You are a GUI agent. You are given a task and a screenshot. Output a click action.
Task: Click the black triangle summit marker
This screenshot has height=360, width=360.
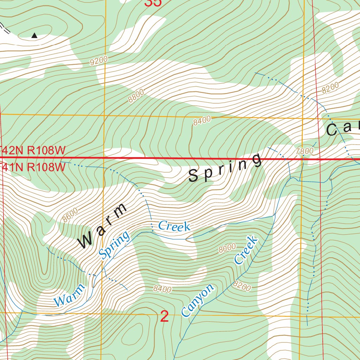click(x=34, y=35)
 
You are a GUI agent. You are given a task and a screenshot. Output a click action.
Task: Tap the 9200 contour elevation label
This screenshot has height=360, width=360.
click(x=98, y=61)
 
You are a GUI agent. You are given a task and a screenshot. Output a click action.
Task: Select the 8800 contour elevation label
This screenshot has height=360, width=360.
click(x=136, y=96)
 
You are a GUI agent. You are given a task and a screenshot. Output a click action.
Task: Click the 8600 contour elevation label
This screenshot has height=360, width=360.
click(x=70, y=215)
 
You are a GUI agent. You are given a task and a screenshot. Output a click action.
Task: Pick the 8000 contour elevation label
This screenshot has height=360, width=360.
click(x=227, y=248)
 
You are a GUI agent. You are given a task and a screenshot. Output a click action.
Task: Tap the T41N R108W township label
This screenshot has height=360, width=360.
click(x=33, y=167)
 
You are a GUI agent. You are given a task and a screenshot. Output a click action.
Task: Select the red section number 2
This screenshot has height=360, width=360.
click(x=164, y=317)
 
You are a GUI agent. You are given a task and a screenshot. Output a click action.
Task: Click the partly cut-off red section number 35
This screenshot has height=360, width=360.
click(x=153, y=3)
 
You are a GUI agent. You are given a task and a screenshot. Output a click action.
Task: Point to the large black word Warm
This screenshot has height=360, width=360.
click(x=102, y=225)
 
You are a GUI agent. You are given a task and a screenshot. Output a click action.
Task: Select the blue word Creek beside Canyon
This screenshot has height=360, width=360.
click(x=246, y=250)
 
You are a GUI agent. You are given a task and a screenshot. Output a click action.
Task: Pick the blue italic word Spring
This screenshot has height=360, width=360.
click(x=114, y=245)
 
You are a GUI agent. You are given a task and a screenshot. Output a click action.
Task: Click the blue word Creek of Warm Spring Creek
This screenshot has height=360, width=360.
click(x=174, y=226)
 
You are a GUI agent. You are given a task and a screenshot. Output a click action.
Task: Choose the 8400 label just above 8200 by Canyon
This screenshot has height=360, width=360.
click(x=162, y=289)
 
